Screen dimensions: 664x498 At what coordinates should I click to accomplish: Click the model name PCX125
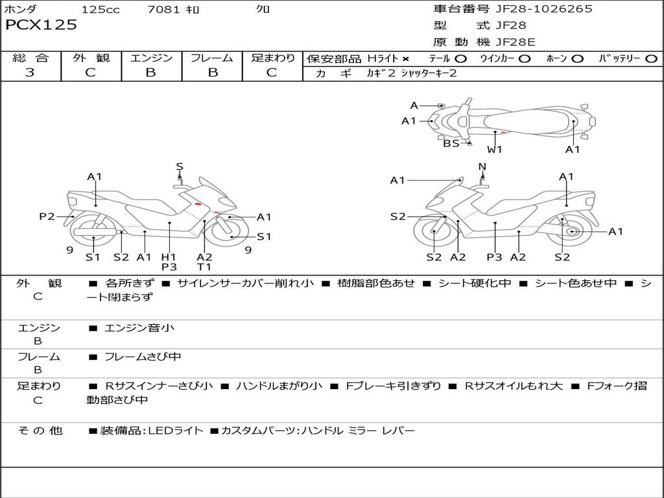coord(41,25)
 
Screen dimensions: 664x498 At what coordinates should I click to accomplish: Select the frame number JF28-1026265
coord(544,9)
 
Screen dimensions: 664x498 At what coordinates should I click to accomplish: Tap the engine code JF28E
coord(516,42)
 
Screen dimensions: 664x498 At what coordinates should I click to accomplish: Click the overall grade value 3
coord(30,73)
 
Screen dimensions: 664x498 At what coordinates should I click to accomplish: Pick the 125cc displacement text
coord(101,9)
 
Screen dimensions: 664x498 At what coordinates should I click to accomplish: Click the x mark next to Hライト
coord(406,59)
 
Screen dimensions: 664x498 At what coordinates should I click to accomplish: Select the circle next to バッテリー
coord(651,59)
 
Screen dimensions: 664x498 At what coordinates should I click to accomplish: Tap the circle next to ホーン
coord(578,59)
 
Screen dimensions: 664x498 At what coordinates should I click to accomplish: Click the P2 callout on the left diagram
coord(47,217)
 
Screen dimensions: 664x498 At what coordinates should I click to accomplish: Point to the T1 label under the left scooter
coord(204,267)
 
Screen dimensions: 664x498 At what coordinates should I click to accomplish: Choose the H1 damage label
coord(169,257)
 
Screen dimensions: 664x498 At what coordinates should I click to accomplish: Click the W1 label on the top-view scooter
coord(494,150)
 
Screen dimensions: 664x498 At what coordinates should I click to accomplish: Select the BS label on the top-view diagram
coord(451,143)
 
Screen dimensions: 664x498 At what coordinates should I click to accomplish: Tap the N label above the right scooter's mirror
coord(482,167)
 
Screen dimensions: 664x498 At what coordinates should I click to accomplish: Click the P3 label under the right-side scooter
coord(494,257)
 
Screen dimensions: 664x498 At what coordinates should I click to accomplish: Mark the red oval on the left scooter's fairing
coord(198,204)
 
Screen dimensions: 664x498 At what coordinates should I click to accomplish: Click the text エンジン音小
coord(139,327)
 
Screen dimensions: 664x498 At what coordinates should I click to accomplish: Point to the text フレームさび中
coord(143,357)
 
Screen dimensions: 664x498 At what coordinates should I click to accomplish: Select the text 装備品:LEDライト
coord(152,431)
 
